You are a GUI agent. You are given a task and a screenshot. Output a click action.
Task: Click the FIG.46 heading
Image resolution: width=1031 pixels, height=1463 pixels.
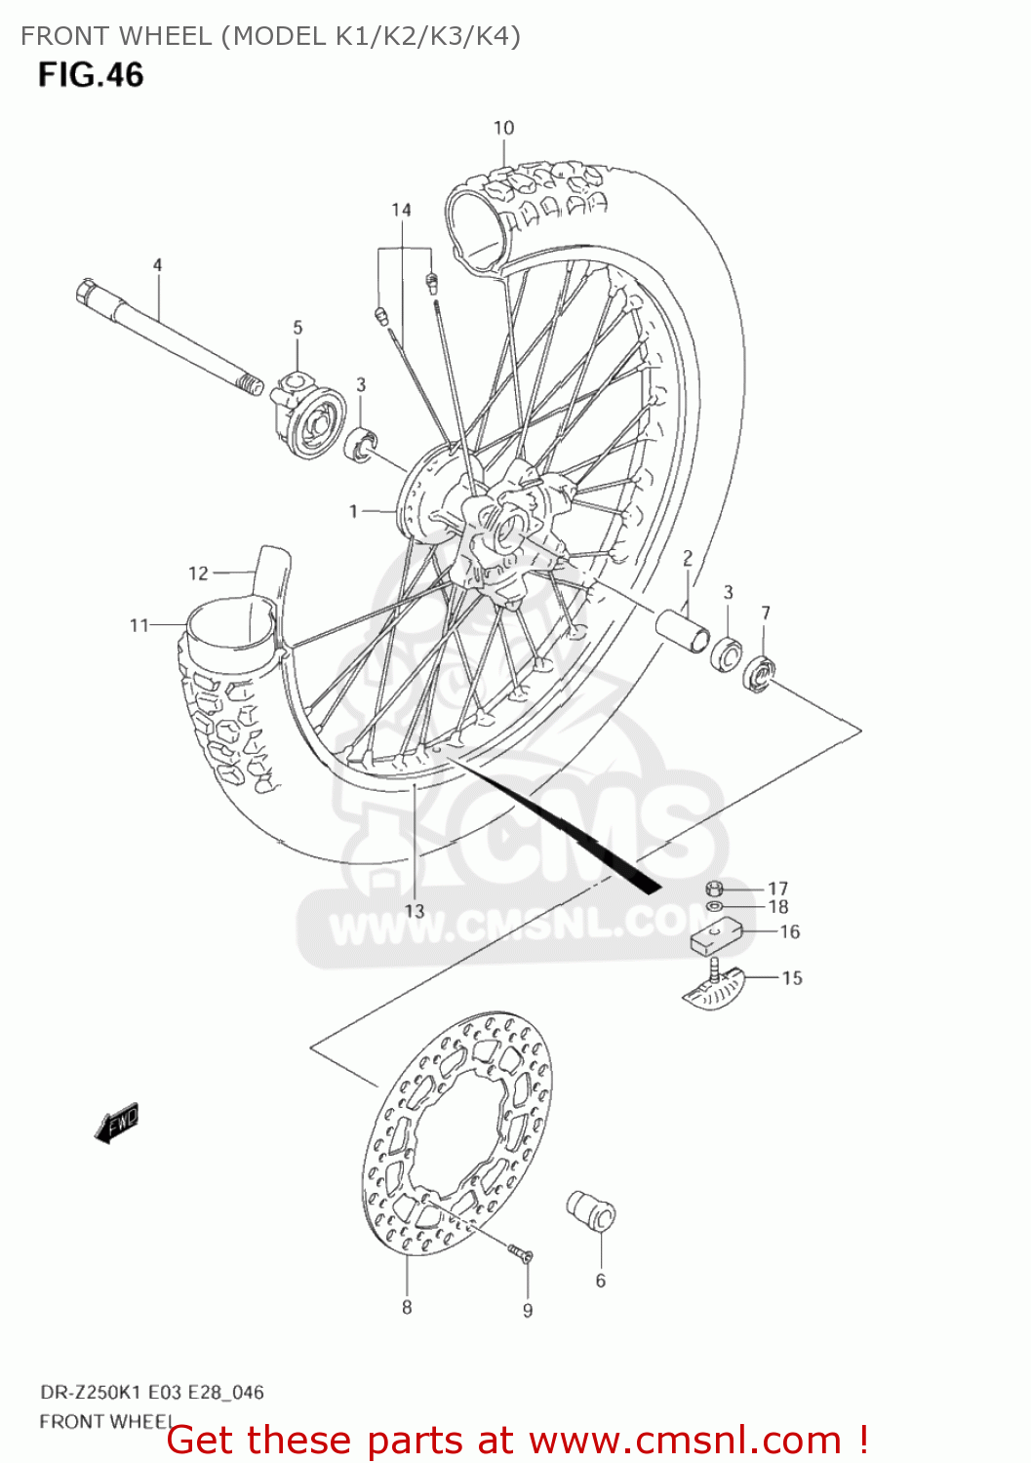[91, 75]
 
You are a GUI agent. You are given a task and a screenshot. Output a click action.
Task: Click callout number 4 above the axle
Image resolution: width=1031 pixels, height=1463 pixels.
[157, 264]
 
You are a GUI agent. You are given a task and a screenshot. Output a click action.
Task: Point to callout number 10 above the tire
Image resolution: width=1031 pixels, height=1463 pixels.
[503, 128]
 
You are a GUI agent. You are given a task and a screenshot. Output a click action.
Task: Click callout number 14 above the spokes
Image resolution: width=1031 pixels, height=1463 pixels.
[402, 210]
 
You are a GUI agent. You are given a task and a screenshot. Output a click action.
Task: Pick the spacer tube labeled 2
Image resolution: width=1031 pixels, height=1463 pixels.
[684, 631]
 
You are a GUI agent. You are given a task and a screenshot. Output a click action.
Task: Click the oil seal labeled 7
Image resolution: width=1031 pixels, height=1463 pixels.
[760, 673]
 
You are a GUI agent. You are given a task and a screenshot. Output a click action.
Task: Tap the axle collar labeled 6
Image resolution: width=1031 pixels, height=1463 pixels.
[592, 1212]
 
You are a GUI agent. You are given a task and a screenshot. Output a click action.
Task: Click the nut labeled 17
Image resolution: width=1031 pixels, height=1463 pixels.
[713, 889]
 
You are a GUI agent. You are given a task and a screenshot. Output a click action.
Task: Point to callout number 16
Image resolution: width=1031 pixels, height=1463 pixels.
[789, 932]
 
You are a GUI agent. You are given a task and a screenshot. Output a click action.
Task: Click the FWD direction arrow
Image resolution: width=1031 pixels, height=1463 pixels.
[116, 1123]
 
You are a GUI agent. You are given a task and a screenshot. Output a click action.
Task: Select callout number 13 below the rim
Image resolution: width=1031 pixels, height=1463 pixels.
[415, 910]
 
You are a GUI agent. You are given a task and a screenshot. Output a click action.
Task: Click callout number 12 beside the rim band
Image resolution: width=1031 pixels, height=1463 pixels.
[198, 573]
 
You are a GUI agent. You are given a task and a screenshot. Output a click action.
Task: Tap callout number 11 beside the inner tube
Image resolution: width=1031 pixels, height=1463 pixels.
[139, 625]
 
